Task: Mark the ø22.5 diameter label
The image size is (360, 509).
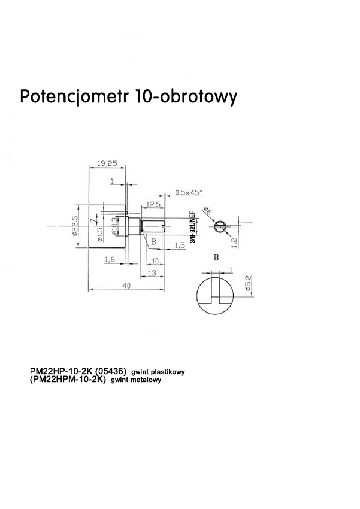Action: click(x=76, y=226)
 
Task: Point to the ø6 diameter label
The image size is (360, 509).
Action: click(x=208, y=213)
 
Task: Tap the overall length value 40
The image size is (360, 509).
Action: click(x=126, y=286)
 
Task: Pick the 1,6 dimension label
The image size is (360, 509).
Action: click(x=109, y=259)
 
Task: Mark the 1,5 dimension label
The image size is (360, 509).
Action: click(x=179, y=246)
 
